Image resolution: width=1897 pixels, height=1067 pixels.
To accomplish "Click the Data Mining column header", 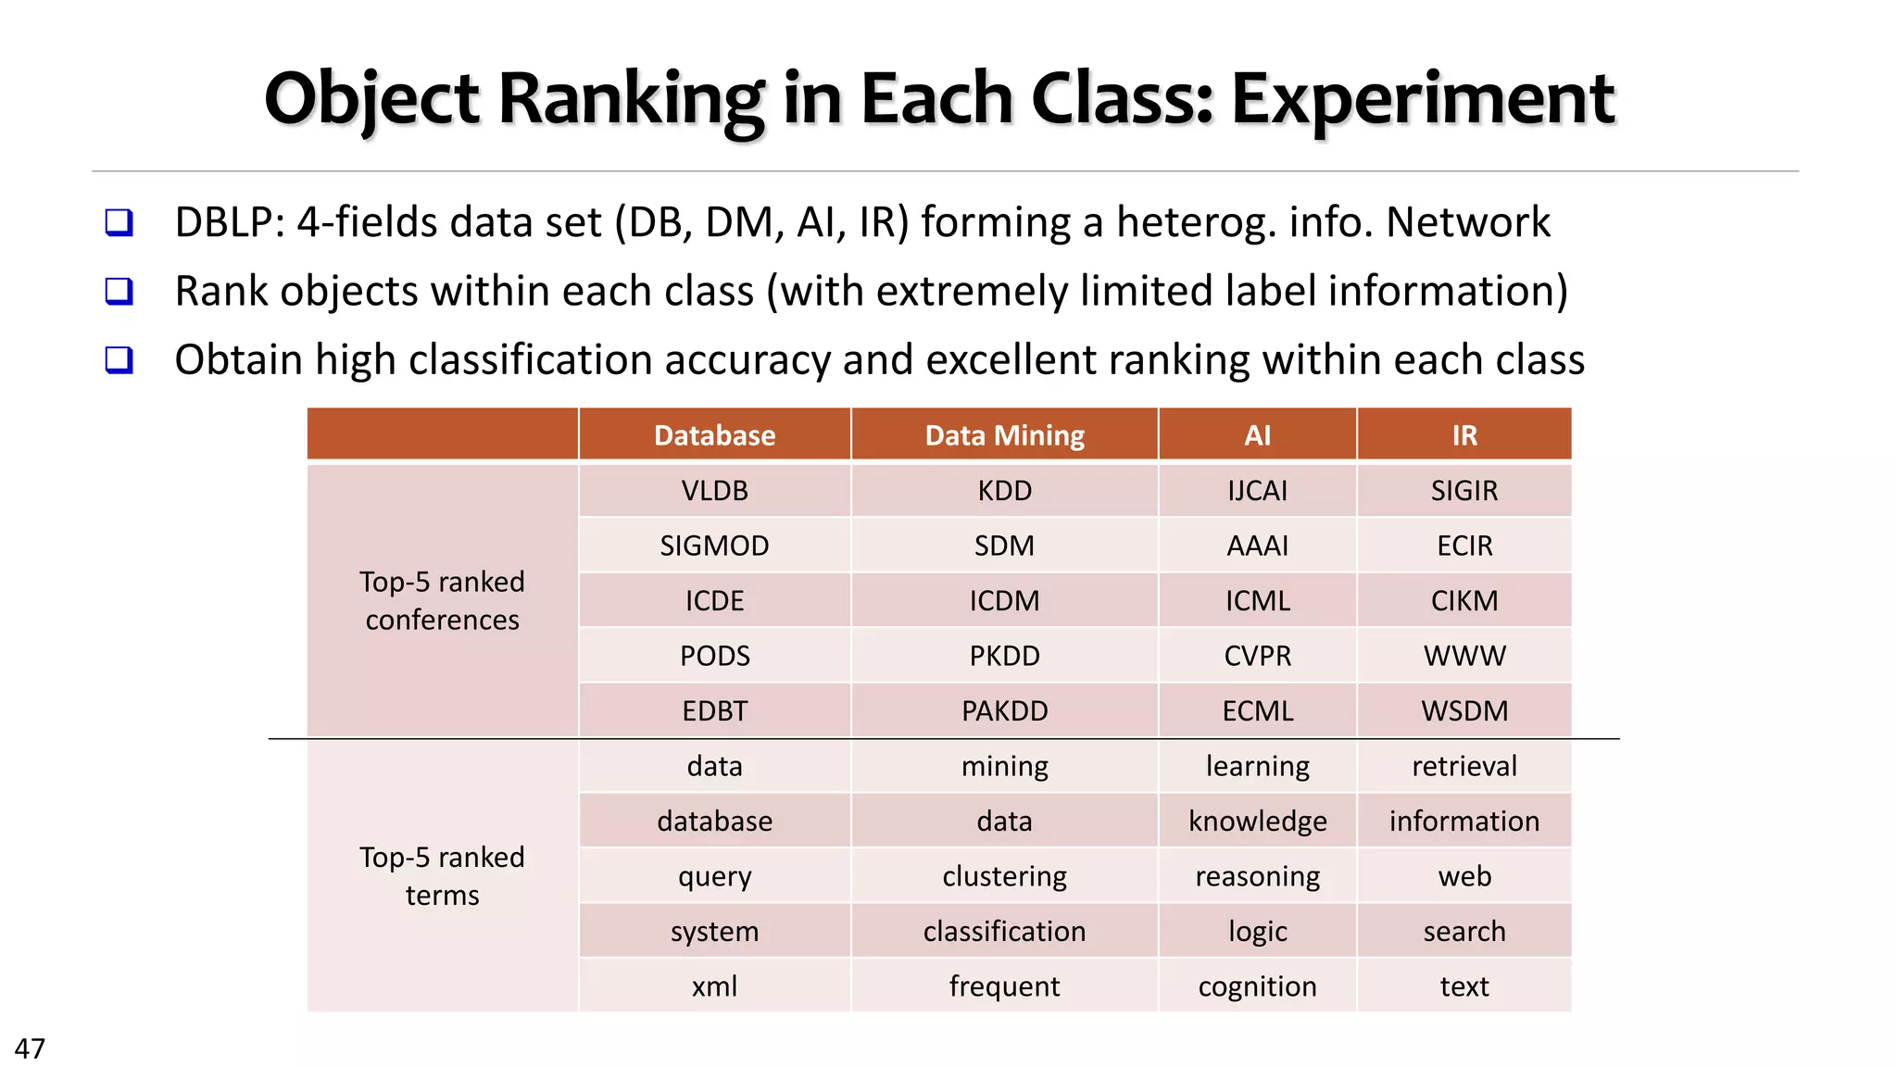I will pyautogui.click(x=1004, y=435).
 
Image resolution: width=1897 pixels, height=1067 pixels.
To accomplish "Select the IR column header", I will pyautogui.click(x=1464, y=435).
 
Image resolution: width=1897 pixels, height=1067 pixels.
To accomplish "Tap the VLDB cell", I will pyautogui.click(x=714, y=490).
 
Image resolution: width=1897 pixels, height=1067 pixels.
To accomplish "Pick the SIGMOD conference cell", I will pyautogui.click(x=714, y=546).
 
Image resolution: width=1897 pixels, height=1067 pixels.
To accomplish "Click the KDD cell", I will pyautogui.click(x=1004, y=490).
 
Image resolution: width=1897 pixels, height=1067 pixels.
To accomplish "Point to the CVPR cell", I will pyautogui.click(x=1257, y=656).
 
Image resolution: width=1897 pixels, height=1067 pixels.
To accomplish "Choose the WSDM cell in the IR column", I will pyautogui.click(x=1464, y=710).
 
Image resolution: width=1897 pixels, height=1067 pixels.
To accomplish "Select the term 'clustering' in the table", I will pyautogui.click(x=1004, y=876).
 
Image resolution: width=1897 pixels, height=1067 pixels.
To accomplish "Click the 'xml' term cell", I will pyautogui.click(x=714, y=986).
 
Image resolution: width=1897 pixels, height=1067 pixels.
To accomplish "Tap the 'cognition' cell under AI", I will pyautogui.click(x=1257, y=986).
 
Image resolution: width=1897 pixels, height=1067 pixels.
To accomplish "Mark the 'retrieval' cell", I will pyautogui.click(x=1464, y=766).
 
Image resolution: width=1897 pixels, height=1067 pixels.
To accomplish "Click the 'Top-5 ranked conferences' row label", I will pyautogui.click(x=442, y=600).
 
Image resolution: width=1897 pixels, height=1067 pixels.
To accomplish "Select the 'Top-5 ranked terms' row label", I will pyautogui.click(x=442, y=876).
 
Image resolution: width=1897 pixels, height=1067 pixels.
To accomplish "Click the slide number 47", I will pyautogui.click(x=30, y=1048).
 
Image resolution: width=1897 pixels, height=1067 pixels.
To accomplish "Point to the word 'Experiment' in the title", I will pyautogui.click(x=1423, y=98).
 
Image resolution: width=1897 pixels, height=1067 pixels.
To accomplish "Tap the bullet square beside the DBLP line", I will pyautogui.click(x=119, y=223).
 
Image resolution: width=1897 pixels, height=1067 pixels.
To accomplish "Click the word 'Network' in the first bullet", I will pyautogui.click(x=1467, y=222).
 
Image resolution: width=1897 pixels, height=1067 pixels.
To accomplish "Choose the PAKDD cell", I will pyautogui.click(x=1004, y=710).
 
